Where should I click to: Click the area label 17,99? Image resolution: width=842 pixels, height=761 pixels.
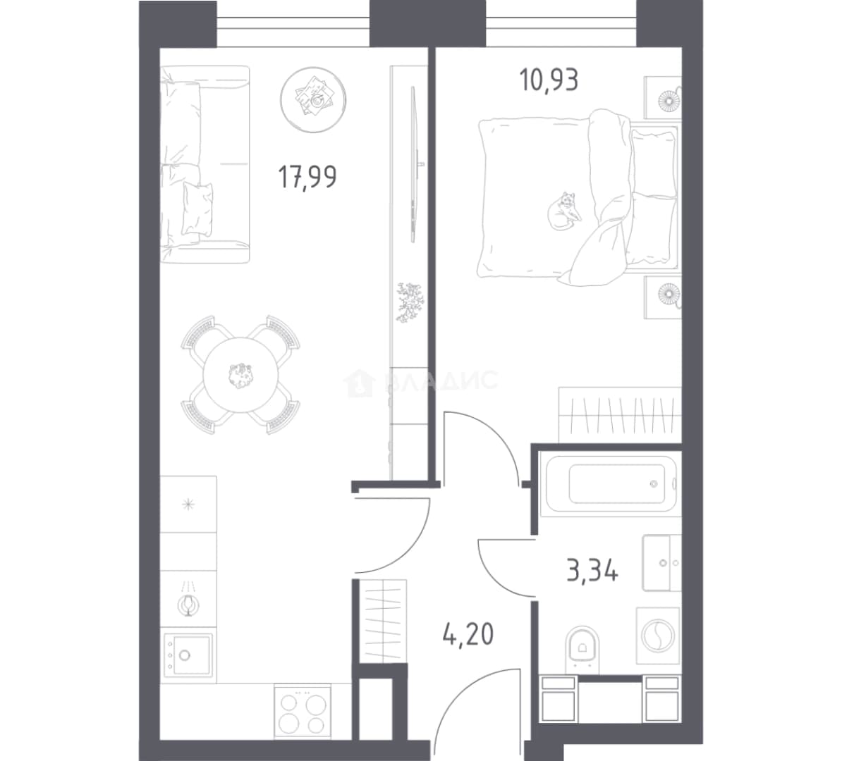[x=307, y=177]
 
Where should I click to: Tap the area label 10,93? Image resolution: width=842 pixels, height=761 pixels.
[x=549, y=80]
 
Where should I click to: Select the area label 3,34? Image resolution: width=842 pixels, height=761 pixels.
[x=592, y=570]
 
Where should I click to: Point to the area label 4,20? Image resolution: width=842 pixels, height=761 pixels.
[x=468, y=634]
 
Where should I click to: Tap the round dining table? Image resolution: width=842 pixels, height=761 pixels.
[x=241, y=375]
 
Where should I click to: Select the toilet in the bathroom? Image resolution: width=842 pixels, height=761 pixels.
[x=582, y=648]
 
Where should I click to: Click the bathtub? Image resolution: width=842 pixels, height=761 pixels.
[x=610, y=483]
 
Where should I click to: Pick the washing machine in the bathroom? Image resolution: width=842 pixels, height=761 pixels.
[x=658, y=636]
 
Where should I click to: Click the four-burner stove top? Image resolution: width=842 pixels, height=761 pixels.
[x=303, y=710]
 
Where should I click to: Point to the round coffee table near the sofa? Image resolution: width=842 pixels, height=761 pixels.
[x=313, y=99]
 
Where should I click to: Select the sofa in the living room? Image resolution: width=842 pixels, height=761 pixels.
[x=205, y=164]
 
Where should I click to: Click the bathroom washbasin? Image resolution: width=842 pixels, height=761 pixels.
[x=661, y=562]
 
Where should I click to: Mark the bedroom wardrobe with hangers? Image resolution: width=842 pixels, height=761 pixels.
[x=621, y=415]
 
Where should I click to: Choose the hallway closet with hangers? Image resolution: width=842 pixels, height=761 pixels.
[x=382, y=621]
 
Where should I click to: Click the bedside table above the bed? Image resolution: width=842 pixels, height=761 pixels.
[x=663, y=98]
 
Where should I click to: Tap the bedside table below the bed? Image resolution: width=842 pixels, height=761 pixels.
[x=663, y=297]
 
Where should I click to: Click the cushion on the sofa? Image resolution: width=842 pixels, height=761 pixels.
[x=197, y=209]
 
